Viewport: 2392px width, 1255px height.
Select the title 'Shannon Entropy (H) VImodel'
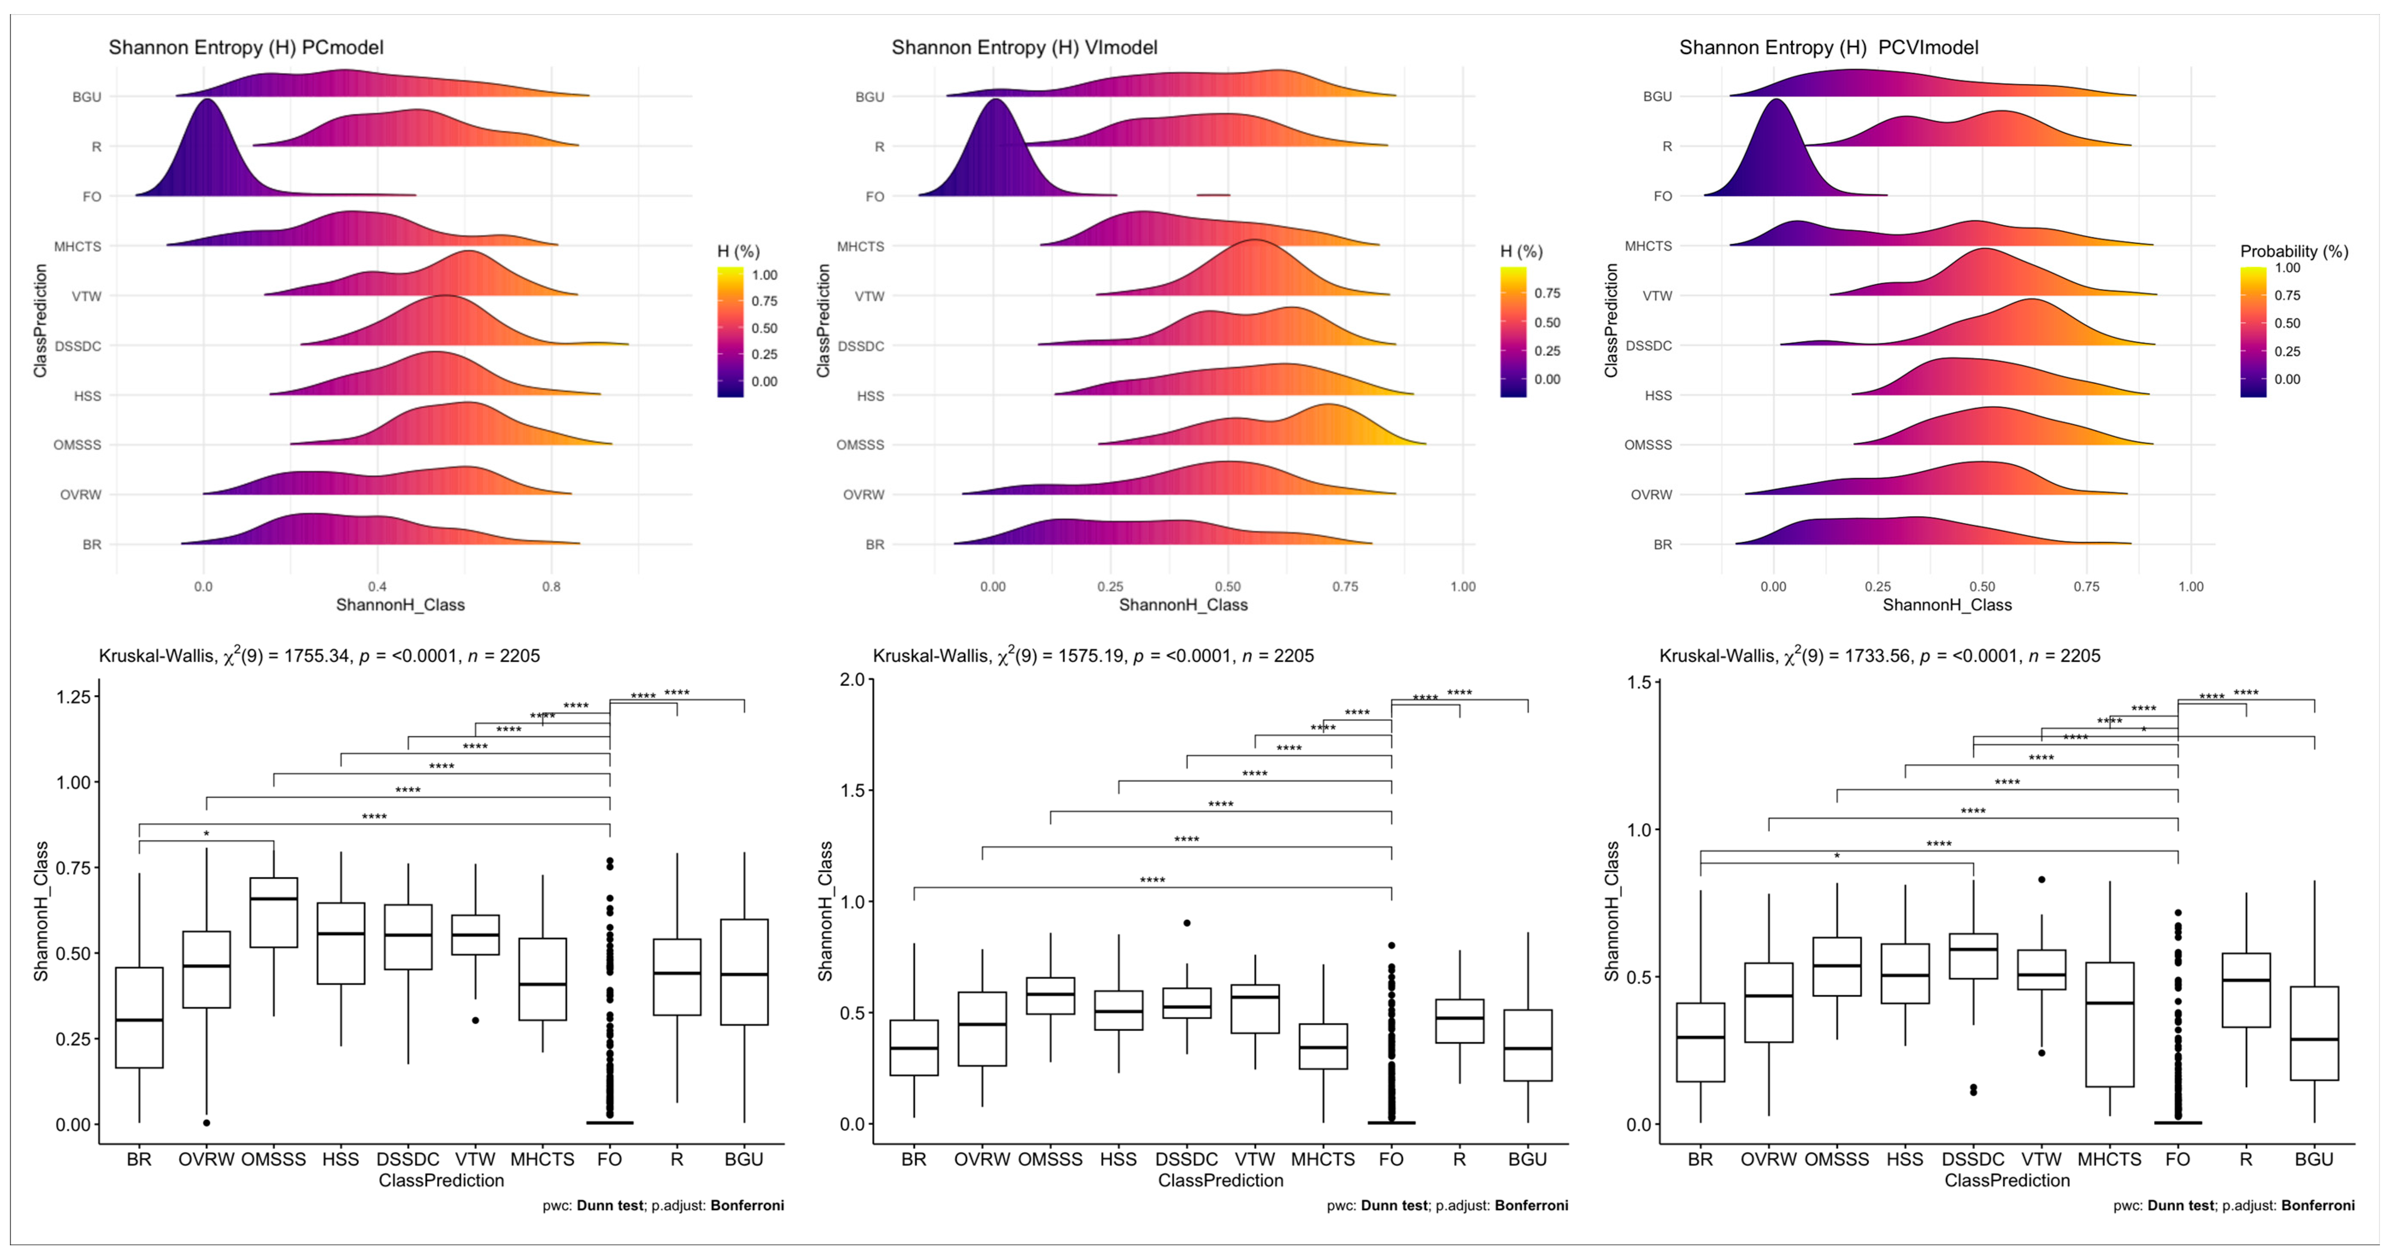click(x=1024, y=47)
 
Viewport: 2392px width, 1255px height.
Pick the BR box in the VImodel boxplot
click(x=914, y=1048)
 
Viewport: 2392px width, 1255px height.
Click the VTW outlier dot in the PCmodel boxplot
click(x=476, y=1020)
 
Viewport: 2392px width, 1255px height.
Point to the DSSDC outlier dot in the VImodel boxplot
click(x=1187, y=923)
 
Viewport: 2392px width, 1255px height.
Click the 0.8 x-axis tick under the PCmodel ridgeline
click(x=552, y=587)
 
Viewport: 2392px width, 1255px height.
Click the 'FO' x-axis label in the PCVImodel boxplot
click(x=2177, y=1159)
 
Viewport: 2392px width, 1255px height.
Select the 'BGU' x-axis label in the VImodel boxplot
click(x=1528, y=1159)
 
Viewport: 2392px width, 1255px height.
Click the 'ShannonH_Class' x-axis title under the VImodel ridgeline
click(x=1183, y=605)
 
